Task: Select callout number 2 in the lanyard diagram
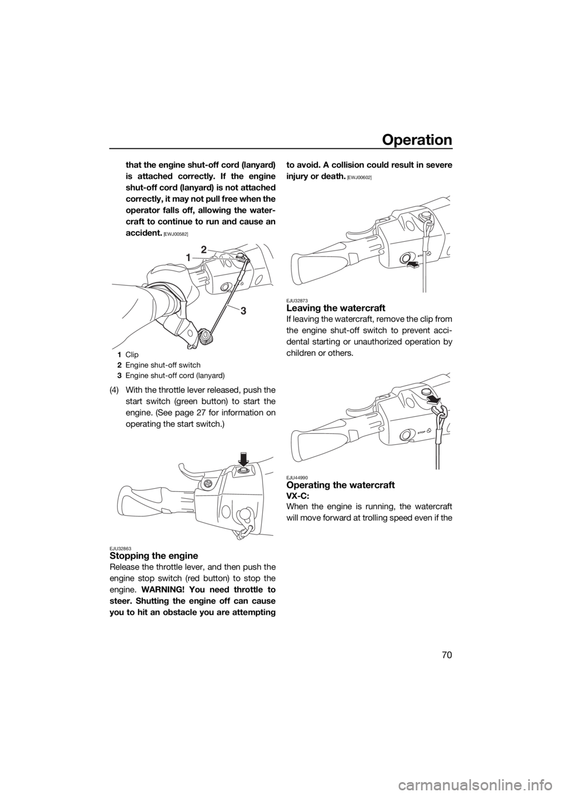point(204,249)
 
